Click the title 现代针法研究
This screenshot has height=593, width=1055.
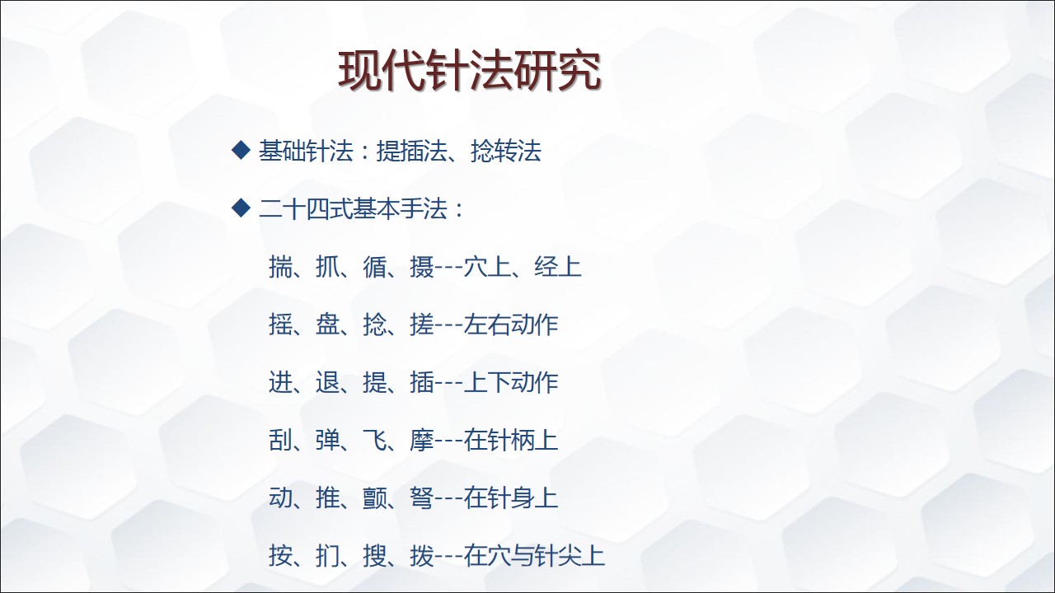click(470, 71)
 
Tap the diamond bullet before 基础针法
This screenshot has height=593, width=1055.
click(241, 151)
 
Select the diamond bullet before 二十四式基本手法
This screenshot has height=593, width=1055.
click(241, 208)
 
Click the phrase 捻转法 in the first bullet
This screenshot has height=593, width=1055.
click(506, 151)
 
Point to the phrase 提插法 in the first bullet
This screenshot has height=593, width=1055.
click(411, 151)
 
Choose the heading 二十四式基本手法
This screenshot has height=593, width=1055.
click(353, 208)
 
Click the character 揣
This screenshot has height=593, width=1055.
click(281, 266)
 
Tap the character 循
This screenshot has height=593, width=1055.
click(375, 266)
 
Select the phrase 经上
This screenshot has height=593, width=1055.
click(558, 266)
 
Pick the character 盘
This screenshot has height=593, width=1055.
click(328, 325)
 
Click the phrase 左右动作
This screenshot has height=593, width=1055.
click(511, 325)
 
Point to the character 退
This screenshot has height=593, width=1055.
click(328, 382)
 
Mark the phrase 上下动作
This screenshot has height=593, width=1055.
click(511, 382)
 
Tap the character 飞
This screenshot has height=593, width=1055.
click(375, 440)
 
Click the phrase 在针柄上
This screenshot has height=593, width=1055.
click(511, 440)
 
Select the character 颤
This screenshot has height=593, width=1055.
click(375, 498)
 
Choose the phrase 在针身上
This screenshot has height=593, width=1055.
click(511, 498)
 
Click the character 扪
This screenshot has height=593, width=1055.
click(328, 556)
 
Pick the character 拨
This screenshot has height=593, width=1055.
click(422, 556)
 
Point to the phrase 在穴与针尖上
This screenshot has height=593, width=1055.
click(535, 556)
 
